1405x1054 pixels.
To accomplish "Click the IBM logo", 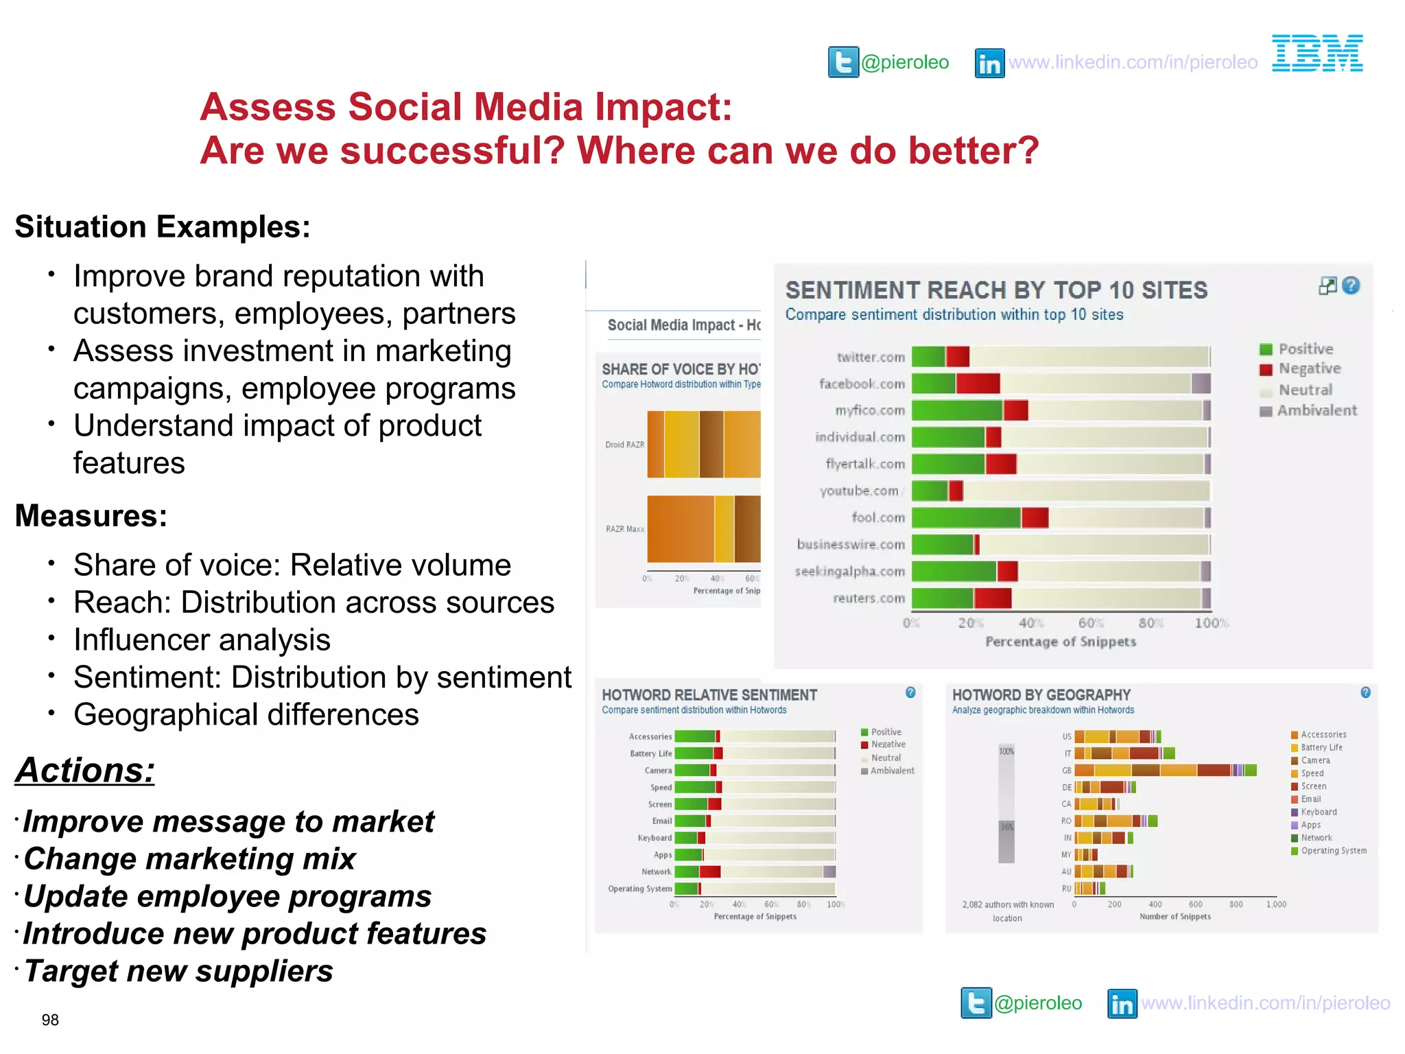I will pyautogui.click(x=1317, y=54).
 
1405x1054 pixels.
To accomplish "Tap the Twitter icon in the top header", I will pyautogui.click(x=843, y=62).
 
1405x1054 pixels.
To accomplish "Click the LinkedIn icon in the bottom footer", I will pyautogui.click(x=1122, y=1004).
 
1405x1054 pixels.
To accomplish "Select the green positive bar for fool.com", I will pyautogui.click(x=966, y=518).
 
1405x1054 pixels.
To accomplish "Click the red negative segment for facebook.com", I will pyautogui.click(x=978, y=384).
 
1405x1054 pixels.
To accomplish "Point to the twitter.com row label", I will pyautogui.click(x=871, y=358).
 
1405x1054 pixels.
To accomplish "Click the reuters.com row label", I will pyautogui.click(x=869, y=598).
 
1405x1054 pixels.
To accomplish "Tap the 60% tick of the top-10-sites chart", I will pyautogui.click(x=1091, y=623).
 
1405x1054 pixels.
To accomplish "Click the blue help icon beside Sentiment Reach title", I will pyautogui.click(x=1351, y=285).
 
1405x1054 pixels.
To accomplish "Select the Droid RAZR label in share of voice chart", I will pyautogui.click(x=624, y=445).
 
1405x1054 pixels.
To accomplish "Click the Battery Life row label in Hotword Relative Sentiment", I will pyautogui.click(x=650, y=753).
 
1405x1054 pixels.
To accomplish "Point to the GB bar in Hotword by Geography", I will pyautogui.click(x=1165, y=770).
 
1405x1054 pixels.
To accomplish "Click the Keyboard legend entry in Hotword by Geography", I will pyautogui.click(x=1318, y=812).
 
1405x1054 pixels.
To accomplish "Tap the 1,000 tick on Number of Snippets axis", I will pyautogui.click(x=1276, y=904).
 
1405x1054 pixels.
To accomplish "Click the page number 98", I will pyautogui.click(x=50, y=1020).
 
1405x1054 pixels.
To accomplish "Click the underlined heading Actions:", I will pyautogui.click(x=85, y=770).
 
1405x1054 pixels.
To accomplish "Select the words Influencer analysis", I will pyautogui.click(x=202, y=640).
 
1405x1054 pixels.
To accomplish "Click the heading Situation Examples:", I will pyautogui.click(x=163, y=227).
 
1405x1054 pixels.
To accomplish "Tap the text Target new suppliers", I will pyautogui.click(x=178, y=971).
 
